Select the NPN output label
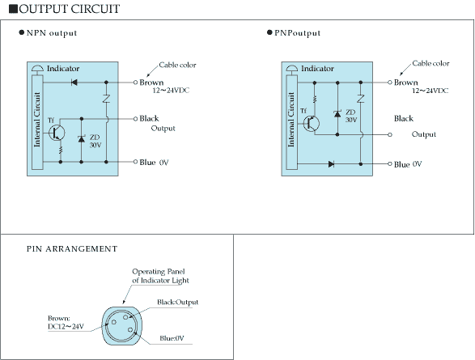[x=52, y=33]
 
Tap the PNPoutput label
[x=297, y=33]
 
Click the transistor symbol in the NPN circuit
[x=57, y=133]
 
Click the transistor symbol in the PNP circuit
[x=311, y=123]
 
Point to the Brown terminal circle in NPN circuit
[x=135, y=83]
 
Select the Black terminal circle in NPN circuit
[x=135, y=119]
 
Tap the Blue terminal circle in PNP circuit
[x=390, y=163]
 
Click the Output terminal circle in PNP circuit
[x=390, y=135]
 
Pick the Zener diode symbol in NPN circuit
[x=81, y=139]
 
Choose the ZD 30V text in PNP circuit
[x=351, y=116]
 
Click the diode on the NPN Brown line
[x=74, y=83]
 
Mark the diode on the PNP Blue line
[x=332, y=164]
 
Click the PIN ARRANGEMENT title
[x=72, y=249]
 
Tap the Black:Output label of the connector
[x=177, y=303]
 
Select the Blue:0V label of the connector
[x=172, y=338]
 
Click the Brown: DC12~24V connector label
[x=66, y=323]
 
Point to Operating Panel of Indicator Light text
[x=160, y=276]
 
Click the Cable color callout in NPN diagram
[x=177, y=65]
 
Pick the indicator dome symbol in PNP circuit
[x=292, y=69]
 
